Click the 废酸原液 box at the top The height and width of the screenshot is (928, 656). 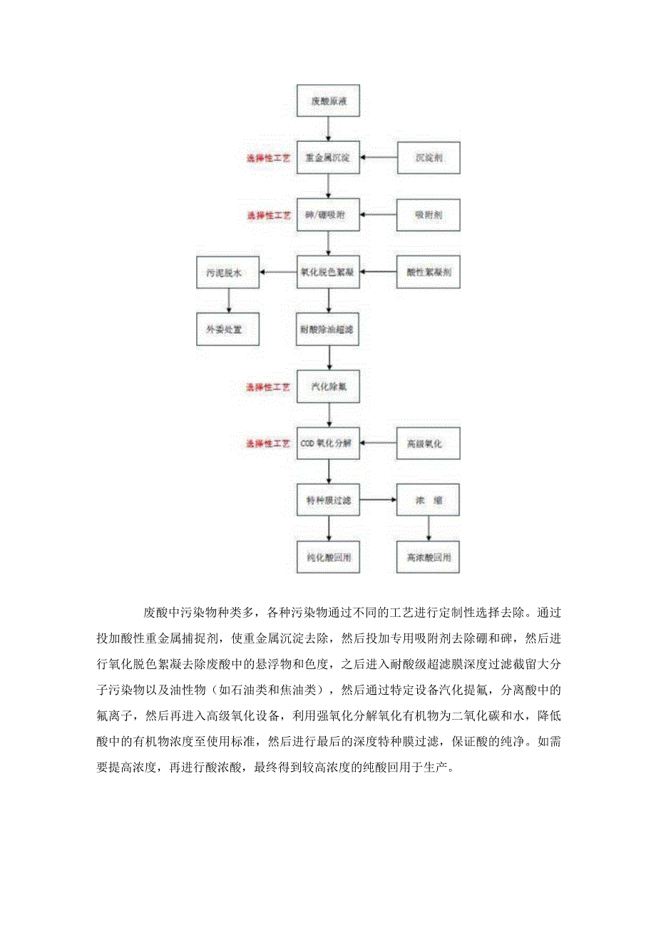(328, 101)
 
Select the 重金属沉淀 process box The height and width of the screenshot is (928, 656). (328, 158)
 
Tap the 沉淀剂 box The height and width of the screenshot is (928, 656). (429, 158)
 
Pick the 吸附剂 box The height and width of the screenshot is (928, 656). (429, 215)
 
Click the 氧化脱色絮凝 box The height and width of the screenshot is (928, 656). (328, 272)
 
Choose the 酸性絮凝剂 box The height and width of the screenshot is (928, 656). (429, 272)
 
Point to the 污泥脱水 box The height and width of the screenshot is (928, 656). (228, 272)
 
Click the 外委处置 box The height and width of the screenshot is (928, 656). (228, 330)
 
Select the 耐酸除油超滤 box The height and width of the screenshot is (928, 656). (328, 330)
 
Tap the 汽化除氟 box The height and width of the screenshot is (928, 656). (328, 387)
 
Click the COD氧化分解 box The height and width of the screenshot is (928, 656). (328, 444)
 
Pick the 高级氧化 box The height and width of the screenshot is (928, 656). (429, 444)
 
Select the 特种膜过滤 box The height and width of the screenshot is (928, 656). (328, 501)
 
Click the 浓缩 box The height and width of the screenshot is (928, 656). (429, 501)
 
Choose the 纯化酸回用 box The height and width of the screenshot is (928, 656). (328, 557)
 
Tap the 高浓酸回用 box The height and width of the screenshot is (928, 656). (429, 557)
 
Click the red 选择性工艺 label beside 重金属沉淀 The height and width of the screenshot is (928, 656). (269, 158)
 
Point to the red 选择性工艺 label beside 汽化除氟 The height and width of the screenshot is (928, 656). (269, 387)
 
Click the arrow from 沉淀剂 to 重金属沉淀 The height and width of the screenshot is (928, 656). (379, 158)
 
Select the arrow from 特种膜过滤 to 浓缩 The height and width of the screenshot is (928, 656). (379, 501)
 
